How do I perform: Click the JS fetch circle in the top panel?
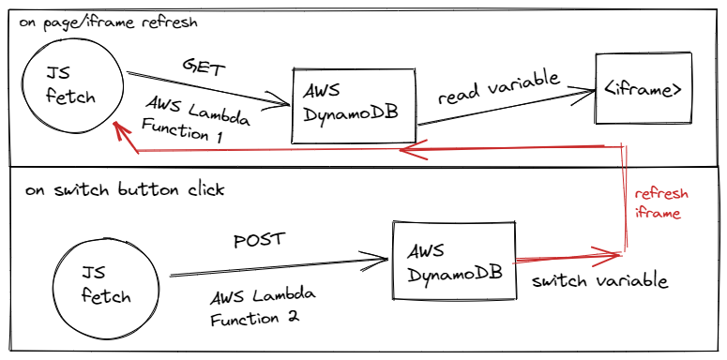74,87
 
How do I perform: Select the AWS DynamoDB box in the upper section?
354,105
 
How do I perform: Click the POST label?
258,240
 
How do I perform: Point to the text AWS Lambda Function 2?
262,306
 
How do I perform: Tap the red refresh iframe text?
661,203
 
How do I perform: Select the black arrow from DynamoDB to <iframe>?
507,107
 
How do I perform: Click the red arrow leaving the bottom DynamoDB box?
563,255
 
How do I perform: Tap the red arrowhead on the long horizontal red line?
405,151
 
